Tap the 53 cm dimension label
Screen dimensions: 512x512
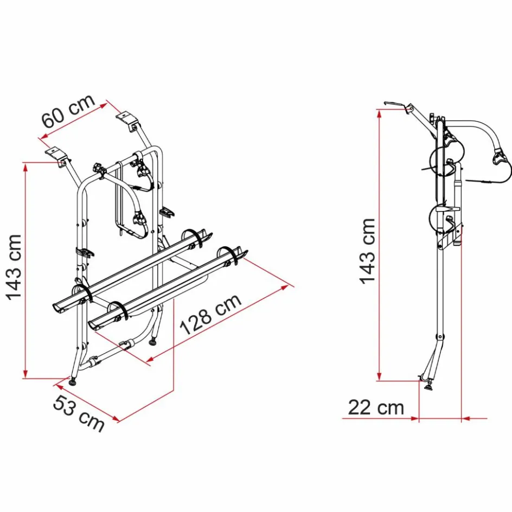79,413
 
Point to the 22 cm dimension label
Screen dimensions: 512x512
376,407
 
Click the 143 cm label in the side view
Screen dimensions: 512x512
367,251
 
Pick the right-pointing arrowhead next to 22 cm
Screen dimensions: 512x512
415,419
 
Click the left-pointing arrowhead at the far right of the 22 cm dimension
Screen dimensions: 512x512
466,419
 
